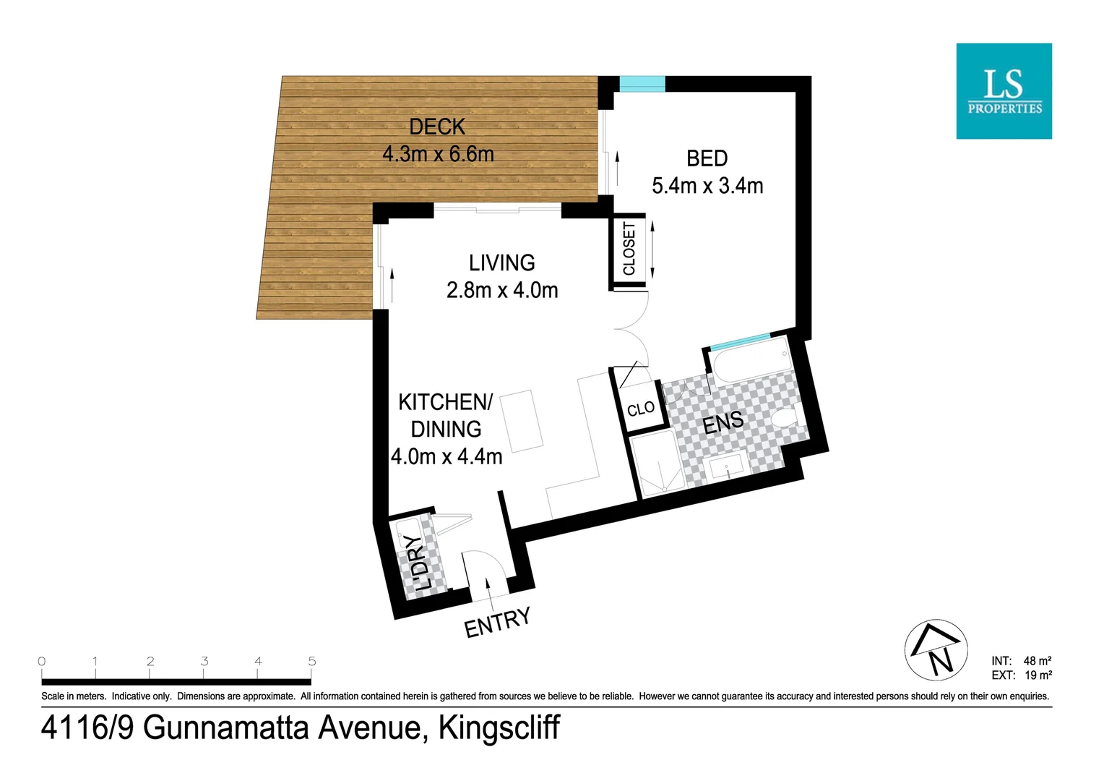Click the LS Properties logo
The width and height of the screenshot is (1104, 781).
click(x=1004, y=91)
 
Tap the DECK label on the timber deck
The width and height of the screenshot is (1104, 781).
click(x=437, y=127)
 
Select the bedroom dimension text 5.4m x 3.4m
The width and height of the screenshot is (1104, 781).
click(x=707, y=186)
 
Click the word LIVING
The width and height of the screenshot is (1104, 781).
click(x=501, y=263)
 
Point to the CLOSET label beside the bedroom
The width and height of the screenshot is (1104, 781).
click(x=629, y=249)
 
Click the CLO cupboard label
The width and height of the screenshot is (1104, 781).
click(x=641, y=409)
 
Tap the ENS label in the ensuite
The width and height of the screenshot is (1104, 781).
click(x=723, y=422)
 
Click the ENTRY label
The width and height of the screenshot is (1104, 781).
click(x=497, y=623)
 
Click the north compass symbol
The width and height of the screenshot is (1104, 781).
click(x=936, y=650)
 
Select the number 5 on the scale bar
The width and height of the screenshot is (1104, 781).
click(x=312, y=661)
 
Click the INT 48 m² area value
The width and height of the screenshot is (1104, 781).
click(x=1036, y=661)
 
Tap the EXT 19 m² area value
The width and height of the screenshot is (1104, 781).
click(x=1038, y=675)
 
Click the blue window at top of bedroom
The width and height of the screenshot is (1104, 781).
click(x=642, y=84)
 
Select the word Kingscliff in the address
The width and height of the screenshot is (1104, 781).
click(x=499, y=727)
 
